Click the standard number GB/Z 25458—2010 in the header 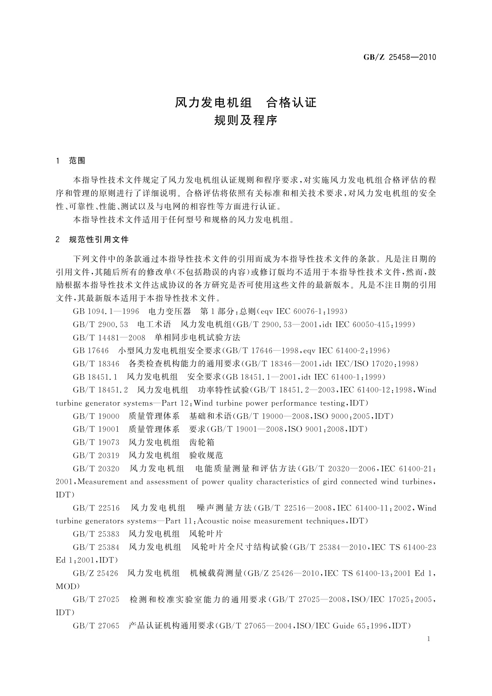[399, 57]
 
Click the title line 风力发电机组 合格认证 [245, 102]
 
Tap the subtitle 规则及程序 [245, 121]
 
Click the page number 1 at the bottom [428, 639]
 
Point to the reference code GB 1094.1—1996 [106, 311]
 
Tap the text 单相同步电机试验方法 [197, 338]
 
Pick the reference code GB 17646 [90, 351]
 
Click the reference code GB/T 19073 [96, 442]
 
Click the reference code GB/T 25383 [96, 534]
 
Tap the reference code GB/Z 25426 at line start [95, 573]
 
